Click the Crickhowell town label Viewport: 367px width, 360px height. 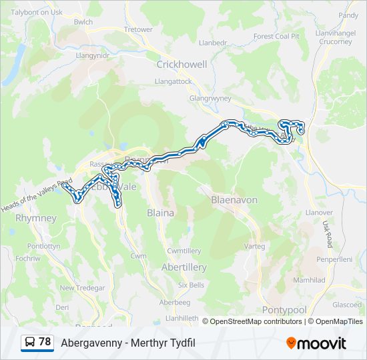(181, 65)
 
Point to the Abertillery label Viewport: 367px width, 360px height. (184, 267)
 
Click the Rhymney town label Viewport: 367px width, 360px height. (36, 218)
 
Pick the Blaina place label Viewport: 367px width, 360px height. (160, 213)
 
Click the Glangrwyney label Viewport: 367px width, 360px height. (210, 97)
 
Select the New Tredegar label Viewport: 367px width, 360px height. (83, 288)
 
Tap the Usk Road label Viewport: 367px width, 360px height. (326, 234)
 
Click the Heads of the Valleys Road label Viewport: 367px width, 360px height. (37, 193)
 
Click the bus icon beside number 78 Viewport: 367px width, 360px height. (30, 343)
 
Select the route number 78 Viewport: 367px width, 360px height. (45, 342)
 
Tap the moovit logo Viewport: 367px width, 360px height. (316, 343)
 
